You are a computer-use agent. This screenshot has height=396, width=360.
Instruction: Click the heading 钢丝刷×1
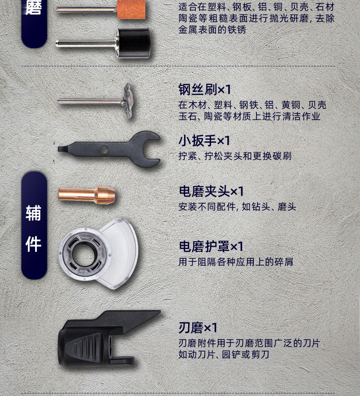coord(205,89)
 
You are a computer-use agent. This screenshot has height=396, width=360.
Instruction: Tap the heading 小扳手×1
coord(204,141)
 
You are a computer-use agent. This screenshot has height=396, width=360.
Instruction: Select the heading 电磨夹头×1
coord(211,191)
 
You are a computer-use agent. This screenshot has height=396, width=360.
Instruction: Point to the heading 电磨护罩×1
coord(211,246)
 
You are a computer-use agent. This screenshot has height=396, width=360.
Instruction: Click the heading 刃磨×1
coord(198,328)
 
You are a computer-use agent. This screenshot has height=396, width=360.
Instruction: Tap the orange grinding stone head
coord(131,9)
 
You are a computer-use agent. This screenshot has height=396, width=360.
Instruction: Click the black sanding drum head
coord(133,43)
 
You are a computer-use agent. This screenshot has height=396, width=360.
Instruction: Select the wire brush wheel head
coord(128,101)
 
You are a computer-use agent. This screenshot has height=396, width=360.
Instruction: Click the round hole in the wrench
coord(104,150)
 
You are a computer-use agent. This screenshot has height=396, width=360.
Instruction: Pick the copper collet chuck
coord(87,195)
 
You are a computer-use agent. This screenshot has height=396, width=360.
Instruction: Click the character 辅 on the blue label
coord(34,213)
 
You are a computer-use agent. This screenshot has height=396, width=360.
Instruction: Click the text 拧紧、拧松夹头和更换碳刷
coord(235,156)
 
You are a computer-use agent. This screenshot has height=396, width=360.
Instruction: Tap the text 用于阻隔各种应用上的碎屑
coord(236,262)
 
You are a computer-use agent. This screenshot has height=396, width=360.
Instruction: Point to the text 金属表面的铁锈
coord(212,30)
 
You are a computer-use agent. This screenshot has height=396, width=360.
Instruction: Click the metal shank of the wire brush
coord(90,102)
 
